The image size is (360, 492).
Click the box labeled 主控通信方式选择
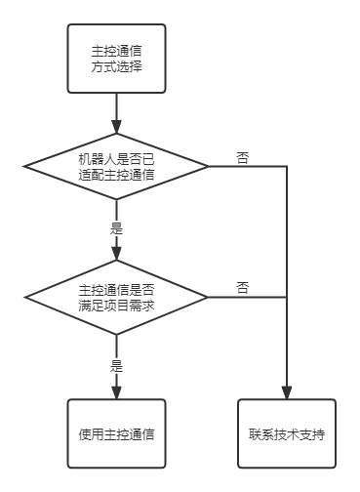[x=116, y=59]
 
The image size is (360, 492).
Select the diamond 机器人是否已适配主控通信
[x=116, y=167]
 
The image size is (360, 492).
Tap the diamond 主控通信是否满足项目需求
[x=116, y=297]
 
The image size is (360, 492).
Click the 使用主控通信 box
[x=116, y=433]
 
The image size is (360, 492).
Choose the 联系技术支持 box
[x=287, y=433]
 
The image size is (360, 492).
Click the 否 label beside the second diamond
[x=242, y=288]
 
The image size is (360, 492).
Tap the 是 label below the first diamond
[x=116, y=229]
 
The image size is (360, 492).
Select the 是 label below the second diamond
[x=116, y=366]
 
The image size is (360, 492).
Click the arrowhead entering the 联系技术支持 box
[x=287, y=392]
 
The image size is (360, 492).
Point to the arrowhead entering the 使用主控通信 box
[x=116, y=392]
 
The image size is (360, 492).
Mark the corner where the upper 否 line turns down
[x=287, y=167]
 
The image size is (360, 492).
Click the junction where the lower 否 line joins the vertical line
[x=287, y=297]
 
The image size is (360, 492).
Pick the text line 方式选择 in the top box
[x=116, y=67]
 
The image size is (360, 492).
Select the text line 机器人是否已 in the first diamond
[x=116, y=158]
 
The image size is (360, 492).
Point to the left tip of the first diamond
[x=26, y=167]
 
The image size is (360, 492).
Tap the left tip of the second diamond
[x=26, y=297]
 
